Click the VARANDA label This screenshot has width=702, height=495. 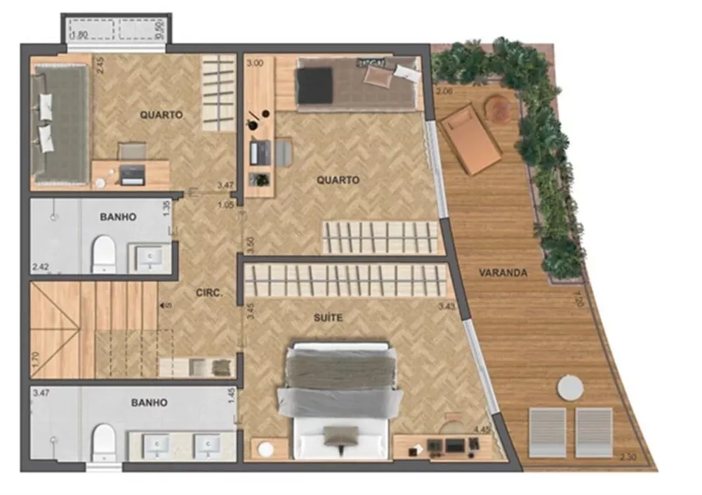click(503, 273)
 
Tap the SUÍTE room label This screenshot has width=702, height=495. click(328, 317)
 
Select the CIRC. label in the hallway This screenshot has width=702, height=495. click(210, 295)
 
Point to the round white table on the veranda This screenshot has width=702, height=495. click(570, 388)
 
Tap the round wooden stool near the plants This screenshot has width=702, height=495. click(500, 109)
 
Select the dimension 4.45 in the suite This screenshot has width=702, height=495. click(482, 430)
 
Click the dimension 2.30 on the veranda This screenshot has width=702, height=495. click(629, 458)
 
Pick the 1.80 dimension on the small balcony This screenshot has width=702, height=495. click(79, 33)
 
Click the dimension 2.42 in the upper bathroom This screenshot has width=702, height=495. click(40, 267)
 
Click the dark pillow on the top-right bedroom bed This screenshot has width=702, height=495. click(315, 85)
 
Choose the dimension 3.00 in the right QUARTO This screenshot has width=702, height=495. click(254, 62)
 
